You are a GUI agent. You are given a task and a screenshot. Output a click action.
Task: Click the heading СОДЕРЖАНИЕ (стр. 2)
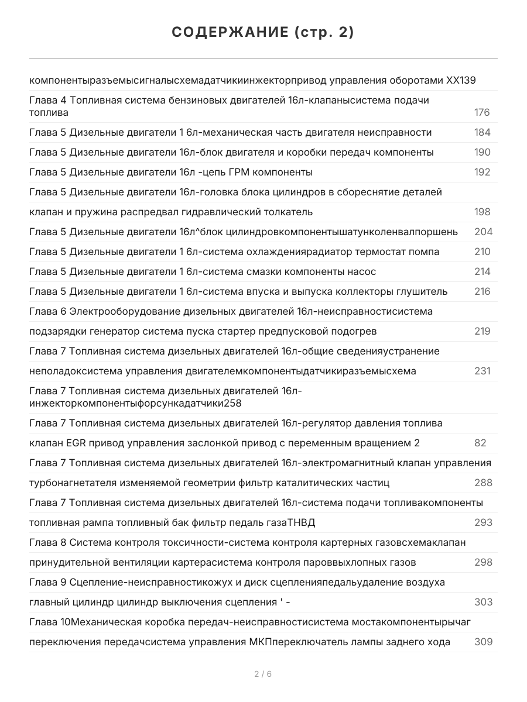pos(263,33)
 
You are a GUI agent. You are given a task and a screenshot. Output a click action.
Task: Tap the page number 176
pos(482,112)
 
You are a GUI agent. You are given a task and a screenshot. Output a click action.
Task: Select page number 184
pos(482,132)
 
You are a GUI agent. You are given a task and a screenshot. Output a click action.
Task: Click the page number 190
pos(482,152)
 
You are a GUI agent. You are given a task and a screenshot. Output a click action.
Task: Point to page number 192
pos(482,172)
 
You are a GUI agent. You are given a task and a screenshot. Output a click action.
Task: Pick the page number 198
pos(482,212)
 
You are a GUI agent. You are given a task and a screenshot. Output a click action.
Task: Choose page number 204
pos(483,232)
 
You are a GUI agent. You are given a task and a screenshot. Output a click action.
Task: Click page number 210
pos(482,252)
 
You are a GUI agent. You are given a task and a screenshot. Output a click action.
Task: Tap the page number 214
pos(482,271)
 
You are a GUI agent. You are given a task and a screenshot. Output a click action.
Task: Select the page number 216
pos(482,291)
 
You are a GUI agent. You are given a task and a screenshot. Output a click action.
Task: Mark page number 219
pos(482,331)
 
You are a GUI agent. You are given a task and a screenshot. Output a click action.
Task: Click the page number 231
pos(482,371)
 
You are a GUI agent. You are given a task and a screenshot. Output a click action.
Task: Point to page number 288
pos(483,483)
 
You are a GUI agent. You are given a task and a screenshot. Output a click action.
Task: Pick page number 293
pos(483,522)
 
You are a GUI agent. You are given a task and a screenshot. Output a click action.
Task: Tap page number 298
pos(483,562)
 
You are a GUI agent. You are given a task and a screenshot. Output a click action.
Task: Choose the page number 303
pos(483,602)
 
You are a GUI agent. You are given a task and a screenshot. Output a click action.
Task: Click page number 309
pos(483,642)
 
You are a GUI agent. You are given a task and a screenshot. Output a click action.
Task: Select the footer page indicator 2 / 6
pos(263,674)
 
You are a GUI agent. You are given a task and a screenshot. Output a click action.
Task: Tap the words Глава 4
pos(48,100)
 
